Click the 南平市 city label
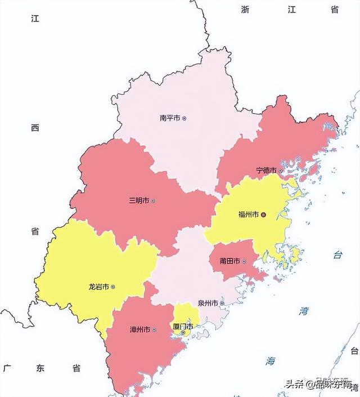(170, 118)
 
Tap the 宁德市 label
(266, 170)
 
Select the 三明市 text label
(139, 200)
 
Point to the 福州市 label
(248, 215)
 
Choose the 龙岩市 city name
(98, 287)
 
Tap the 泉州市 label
(208, 303)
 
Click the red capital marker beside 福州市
(263, 215)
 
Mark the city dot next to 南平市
(184, 118)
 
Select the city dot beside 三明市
(153, 200)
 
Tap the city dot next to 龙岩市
(113, 287)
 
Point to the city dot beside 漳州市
(154, 329)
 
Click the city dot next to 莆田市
(244, 261)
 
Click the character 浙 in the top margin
(245, 10)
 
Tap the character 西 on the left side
(35, 128)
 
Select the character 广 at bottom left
(7, 368)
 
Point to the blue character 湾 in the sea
(304, 311)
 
